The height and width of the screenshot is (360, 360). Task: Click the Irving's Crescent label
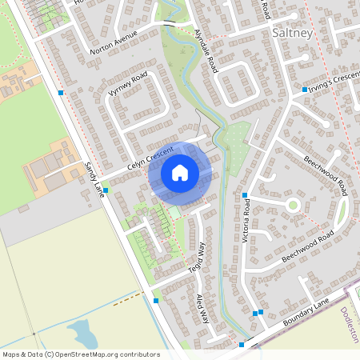331,89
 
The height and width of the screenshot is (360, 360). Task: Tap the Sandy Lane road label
94,177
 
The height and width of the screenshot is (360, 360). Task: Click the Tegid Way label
197,261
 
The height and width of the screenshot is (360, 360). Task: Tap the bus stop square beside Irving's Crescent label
304,89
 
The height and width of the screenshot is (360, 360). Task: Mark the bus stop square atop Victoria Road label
245,195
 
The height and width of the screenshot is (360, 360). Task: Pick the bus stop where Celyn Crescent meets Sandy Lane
106,190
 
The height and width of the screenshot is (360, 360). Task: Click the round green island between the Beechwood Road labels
293,205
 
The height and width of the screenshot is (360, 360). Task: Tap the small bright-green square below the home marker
175,214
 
